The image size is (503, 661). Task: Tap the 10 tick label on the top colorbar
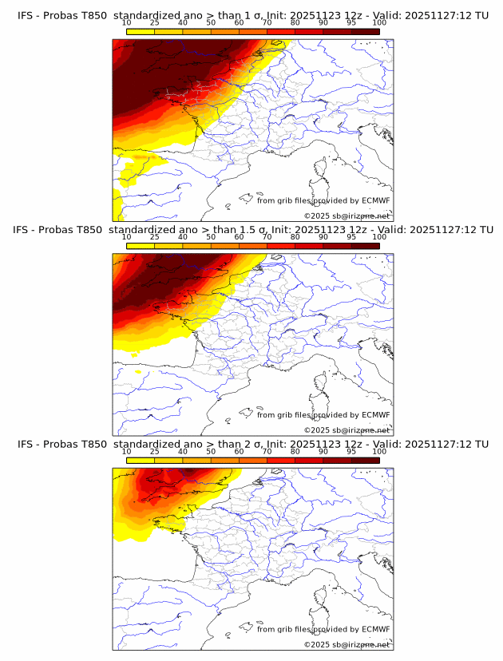127,22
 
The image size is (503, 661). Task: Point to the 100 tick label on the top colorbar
379,22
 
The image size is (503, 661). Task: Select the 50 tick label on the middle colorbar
211,237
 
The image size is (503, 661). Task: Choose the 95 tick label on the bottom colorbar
351,451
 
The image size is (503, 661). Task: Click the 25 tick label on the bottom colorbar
154,451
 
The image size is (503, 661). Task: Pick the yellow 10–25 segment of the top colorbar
141,31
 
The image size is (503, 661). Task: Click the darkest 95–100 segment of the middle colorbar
366,245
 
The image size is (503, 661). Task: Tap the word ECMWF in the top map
375,200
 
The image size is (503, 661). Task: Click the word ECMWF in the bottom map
375,629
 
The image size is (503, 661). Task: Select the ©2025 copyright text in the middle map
347,430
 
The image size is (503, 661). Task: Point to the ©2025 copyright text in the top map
347,216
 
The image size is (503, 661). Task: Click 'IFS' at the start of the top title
25,15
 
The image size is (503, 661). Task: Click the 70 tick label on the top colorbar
267,22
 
